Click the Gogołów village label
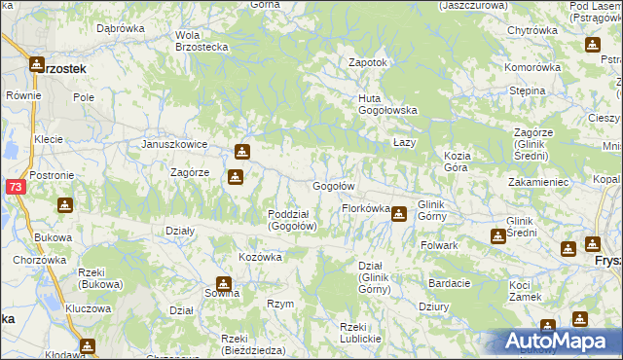tap(332, 186)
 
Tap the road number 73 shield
tap(15, 187)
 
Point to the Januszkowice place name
tap(174, 144)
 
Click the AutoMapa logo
tap(558, 342)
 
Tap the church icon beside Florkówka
tap(399, 213)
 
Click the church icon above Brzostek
tap(37, 64)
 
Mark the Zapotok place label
tap(369, 62)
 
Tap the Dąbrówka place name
tap(121, 28)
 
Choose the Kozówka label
tap(260, 257)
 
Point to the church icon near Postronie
tap(64, 204)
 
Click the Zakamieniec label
tap(537, 182)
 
